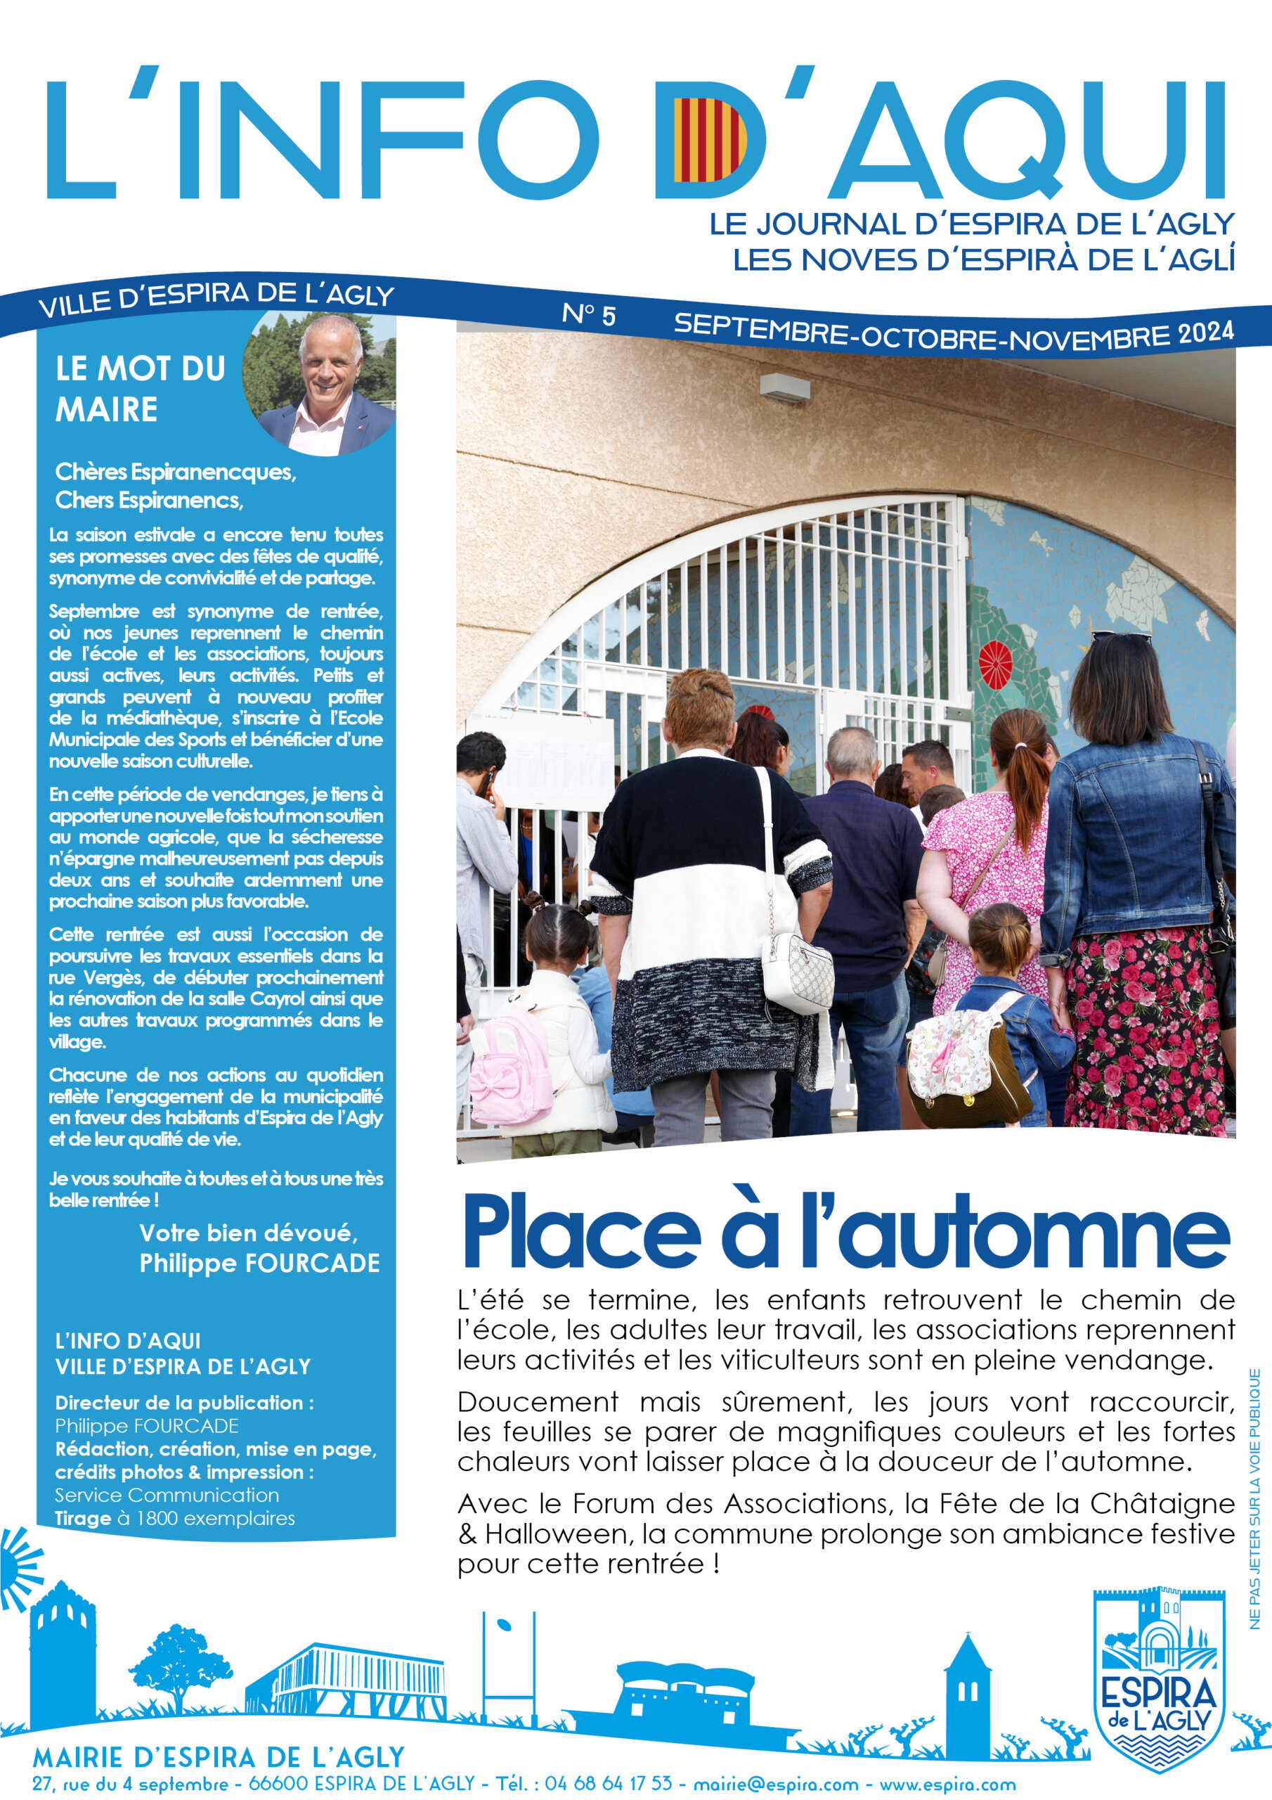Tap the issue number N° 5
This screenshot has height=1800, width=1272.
589,314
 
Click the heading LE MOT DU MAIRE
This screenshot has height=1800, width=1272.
141,389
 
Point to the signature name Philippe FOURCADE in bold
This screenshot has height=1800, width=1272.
259,1263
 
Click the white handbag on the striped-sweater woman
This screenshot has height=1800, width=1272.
797,970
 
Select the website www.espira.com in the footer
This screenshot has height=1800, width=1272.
947,1784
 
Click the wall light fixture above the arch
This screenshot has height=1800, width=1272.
784,387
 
